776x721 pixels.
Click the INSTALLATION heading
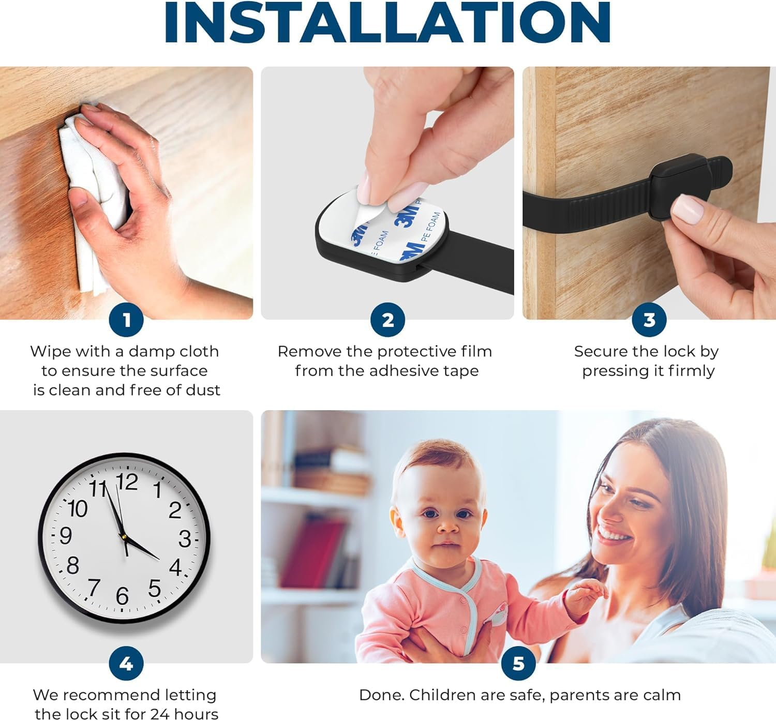pyautogui.click(x=388, y=23)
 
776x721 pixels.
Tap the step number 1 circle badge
pyautogui.click(x=127, y=320)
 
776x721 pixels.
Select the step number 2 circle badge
pyautogui.click(x=387, y=320)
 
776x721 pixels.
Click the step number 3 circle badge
pyautogui.click(x=649, y=320)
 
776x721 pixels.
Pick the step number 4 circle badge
pyautogui.click(x=126, y=664)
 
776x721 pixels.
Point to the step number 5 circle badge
pyautogui.click(x=518, y=664)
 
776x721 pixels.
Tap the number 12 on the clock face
pyautogui.click(x=127, y=482)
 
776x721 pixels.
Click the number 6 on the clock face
pyautogui.click(x=122, y=596)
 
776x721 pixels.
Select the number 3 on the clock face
pyautogui.click(x=185, y=539)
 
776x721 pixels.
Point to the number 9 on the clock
pyautogui.click(x=66, y=535)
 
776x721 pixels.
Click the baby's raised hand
pyautogui.click(x=587, y=595)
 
